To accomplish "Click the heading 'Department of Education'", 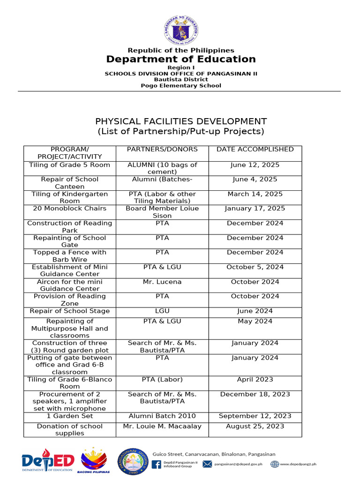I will tap(181, 59).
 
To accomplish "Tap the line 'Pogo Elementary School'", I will tap(181, 85).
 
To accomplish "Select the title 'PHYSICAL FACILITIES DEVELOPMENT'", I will tap(181, 121).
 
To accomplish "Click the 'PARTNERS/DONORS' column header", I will tap(162, 150).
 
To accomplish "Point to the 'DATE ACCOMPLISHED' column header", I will tap(255, 150).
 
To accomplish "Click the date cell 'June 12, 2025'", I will tap(255, 165).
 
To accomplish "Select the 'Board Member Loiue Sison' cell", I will tap(162, 212).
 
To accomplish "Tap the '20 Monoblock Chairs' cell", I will tap(70, 209).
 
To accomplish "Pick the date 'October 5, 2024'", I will tap(255, 267).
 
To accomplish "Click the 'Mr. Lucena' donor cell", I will tap(162, 282).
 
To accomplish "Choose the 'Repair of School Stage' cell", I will tap(70, 311).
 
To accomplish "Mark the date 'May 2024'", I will tap(255, 321).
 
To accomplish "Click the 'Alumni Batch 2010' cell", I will tap(162, 416).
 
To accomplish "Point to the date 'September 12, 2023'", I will tap(255, 416).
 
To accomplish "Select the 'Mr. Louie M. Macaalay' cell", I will tap(162, 426).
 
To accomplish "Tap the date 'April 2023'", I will tap(255, 379).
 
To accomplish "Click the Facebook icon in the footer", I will tap(157, 464).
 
